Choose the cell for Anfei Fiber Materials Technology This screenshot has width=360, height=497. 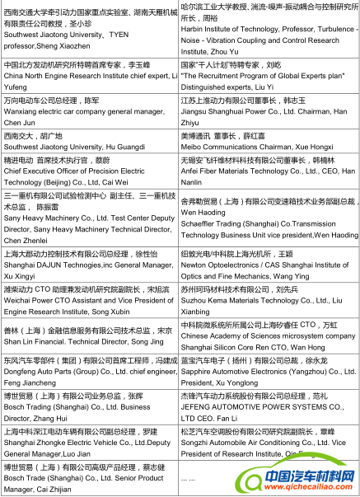click(x=269, y=174)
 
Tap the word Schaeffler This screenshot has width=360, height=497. click(x=202, y=223)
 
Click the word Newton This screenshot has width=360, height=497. click(x=195, y=266)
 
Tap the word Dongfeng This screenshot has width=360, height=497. click(x=21, y=372)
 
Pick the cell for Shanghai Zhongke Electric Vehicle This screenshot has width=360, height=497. click(x=89, y=442)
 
